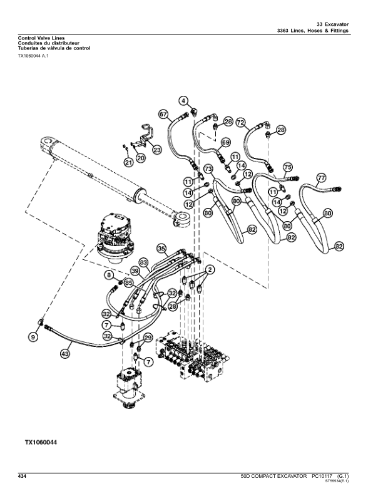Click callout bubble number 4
184,100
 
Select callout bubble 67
163,115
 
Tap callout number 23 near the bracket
156,150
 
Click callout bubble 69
226,143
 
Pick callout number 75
287,167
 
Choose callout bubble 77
320,177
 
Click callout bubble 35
161,249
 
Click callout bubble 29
148,338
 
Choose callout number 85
129,282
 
